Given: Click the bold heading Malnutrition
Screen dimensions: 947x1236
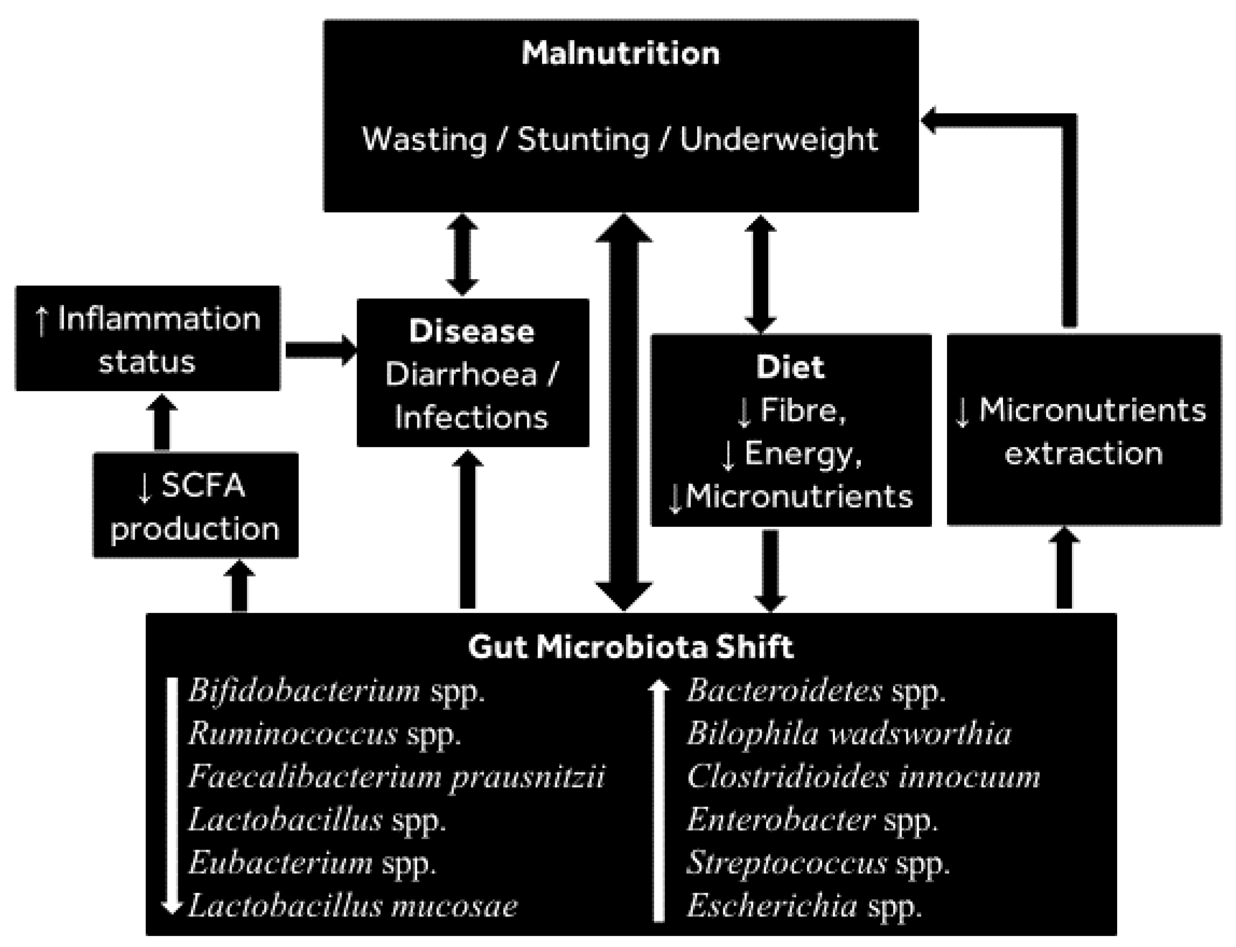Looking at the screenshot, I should tap(620, 53).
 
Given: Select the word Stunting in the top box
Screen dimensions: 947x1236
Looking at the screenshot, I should tap(584, 139).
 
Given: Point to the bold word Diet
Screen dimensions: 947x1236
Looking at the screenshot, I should tap(790, 367).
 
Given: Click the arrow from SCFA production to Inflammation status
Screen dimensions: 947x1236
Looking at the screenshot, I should tap(162, 423).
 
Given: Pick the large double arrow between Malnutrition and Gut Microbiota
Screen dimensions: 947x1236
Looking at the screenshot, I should tap(624, 412).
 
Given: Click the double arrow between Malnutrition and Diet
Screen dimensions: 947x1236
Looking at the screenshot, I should tap(760, 273).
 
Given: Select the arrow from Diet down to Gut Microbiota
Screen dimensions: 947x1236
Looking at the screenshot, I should tap(770, 569).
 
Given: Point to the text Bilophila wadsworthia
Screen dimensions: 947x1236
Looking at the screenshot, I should tap(849, 734).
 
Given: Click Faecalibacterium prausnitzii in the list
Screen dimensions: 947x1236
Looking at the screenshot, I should tap(396, 777).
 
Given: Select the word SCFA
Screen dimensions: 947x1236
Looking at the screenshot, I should tap(203, 485).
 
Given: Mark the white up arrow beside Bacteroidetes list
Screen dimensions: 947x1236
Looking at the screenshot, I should tap(658, 801).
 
